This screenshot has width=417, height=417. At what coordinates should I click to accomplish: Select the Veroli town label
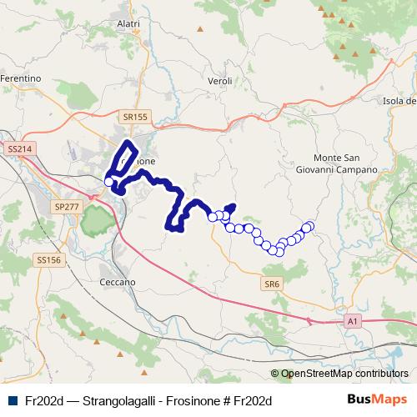[219, 81]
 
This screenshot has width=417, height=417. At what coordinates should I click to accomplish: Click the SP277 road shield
[64, 205]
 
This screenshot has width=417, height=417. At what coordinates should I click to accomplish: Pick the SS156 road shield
[48, 260]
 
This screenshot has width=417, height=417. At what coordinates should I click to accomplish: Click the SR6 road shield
[273, 284]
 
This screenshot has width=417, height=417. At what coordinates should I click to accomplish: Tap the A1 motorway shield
[353, 319]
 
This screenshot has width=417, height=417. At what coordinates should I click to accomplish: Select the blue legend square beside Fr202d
[11, 400]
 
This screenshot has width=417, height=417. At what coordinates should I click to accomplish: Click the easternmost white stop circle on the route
[309, 225]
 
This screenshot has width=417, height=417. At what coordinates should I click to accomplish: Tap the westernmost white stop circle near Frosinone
[108, 181]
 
